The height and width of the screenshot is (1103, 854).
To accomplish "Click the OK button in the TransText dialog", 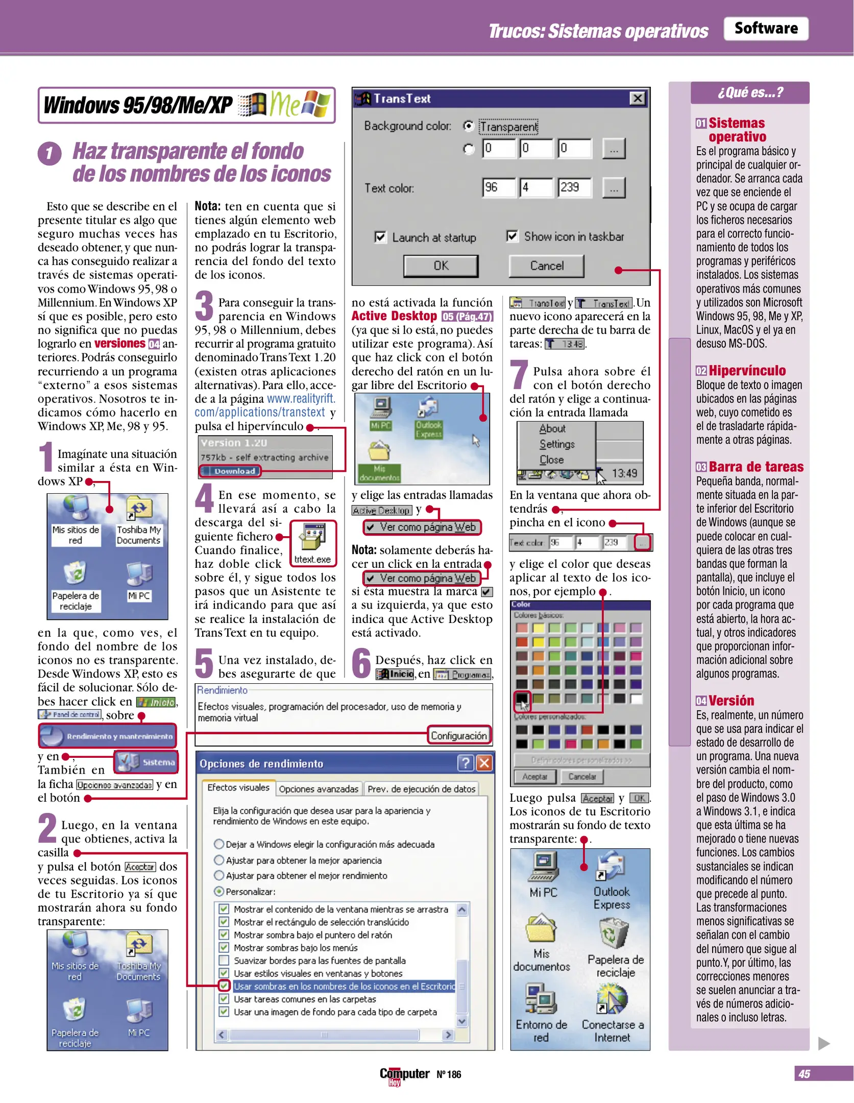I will click(441, 266).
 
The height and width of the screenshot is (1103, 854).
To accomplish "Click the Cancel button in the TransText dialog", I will click(546, 266).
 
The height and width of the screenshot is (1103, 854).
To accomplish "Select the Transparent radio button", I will click(468, 126).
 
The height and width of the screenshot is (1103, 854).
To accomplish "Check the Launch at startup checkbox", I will click(380, 237).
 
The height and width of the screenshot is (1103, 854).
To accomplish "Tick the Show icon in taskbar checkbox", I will click(511, 236).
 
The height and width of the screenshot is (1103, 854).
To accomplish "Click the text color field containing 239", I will click(574, 187).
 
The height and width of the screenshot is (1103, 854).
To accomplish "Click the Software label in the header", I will click(765, 28).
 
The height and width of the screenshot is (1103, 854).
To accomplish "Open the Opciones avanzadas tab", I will click(319, 789).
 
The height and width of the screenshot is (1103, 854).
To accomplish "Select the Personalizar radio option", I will click(219, 891).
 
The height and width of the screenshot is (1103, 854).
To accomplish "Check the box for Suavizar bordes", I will click(224, 960).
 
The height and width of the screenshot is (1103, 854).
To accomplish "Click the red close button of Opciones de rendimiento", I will click(484, 763).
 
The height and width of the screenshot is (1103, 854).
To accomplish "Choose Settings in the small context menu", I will click(557, 444).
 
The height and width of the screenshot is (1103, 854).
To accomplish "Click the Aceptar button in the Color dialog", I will click(534, 776).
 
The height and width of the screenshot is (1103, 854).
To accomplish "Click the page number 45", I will click(804, 1073).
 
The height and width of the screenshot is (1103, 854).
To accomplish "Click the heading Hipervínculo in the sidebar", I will click(747, 371).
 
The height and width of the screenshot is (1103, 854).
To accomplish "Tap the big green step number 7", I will click(519, 374).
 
